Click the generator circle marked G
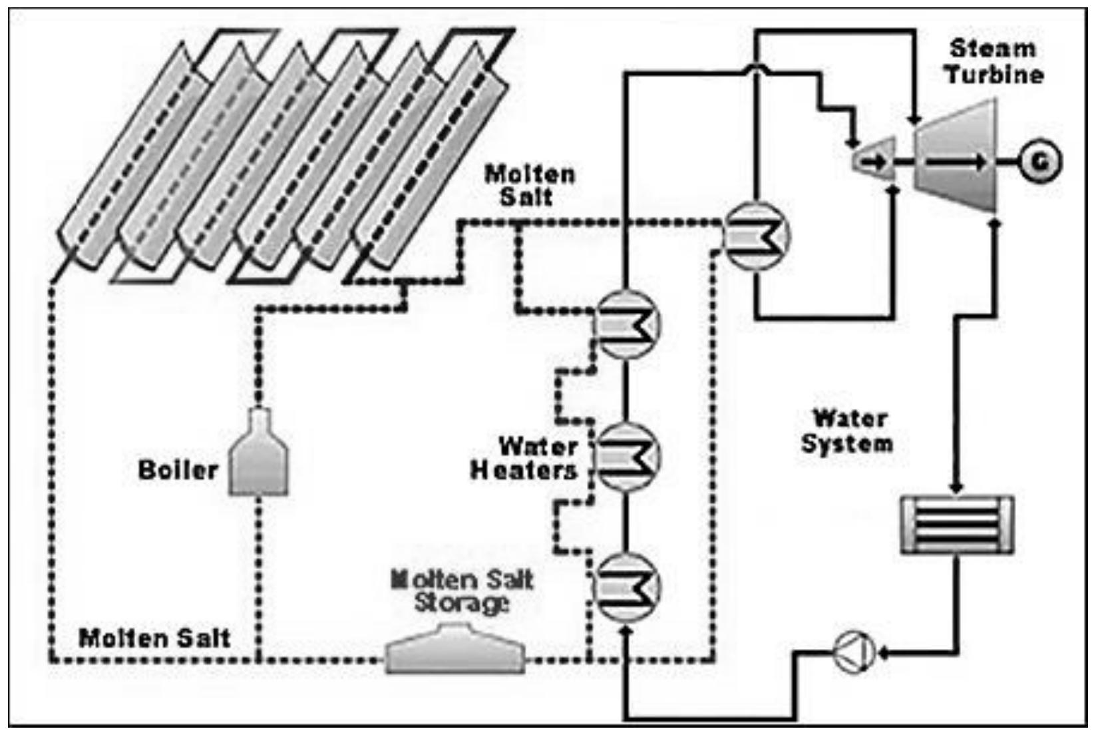pyautogui.click(x=1040, y=162)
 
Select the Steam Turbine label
pyautogui.click(x=994, y=61)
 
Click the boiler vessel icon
pyautogui.click(x=260, y=458)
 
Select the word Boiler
pyautogui.click(x=178, y=470)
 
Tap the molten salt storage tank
pyautogui.click(x=456, y=650)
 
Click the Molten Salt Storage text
pyautogui.click(x=463, y=592)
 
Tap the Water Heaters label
pyautogui.click(x=525, y=458)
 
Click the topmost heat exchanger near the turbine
pyautogui.click(x=756, y=236)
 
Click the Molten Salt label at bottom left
pyautogui.click(x=154, y=638)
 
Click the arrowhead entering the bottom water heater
pyautogui.click(x=625, y=629)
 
